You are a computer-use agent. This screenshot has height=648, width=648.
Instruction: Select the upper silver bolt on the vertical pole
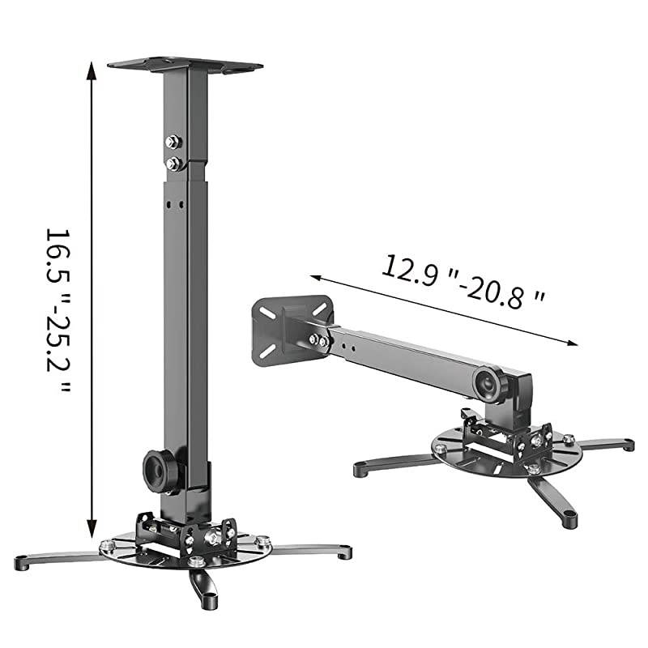click(173, 143)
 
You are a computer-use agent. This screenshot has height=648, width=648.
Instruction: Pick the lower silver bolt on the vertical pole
click(173, 164)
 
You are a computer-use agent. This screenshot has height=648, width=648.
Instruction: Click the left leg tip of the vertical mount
click(23, 561)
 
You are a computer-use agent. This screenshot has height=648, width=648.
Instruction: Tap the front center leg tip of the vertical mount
click(208, 602)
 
